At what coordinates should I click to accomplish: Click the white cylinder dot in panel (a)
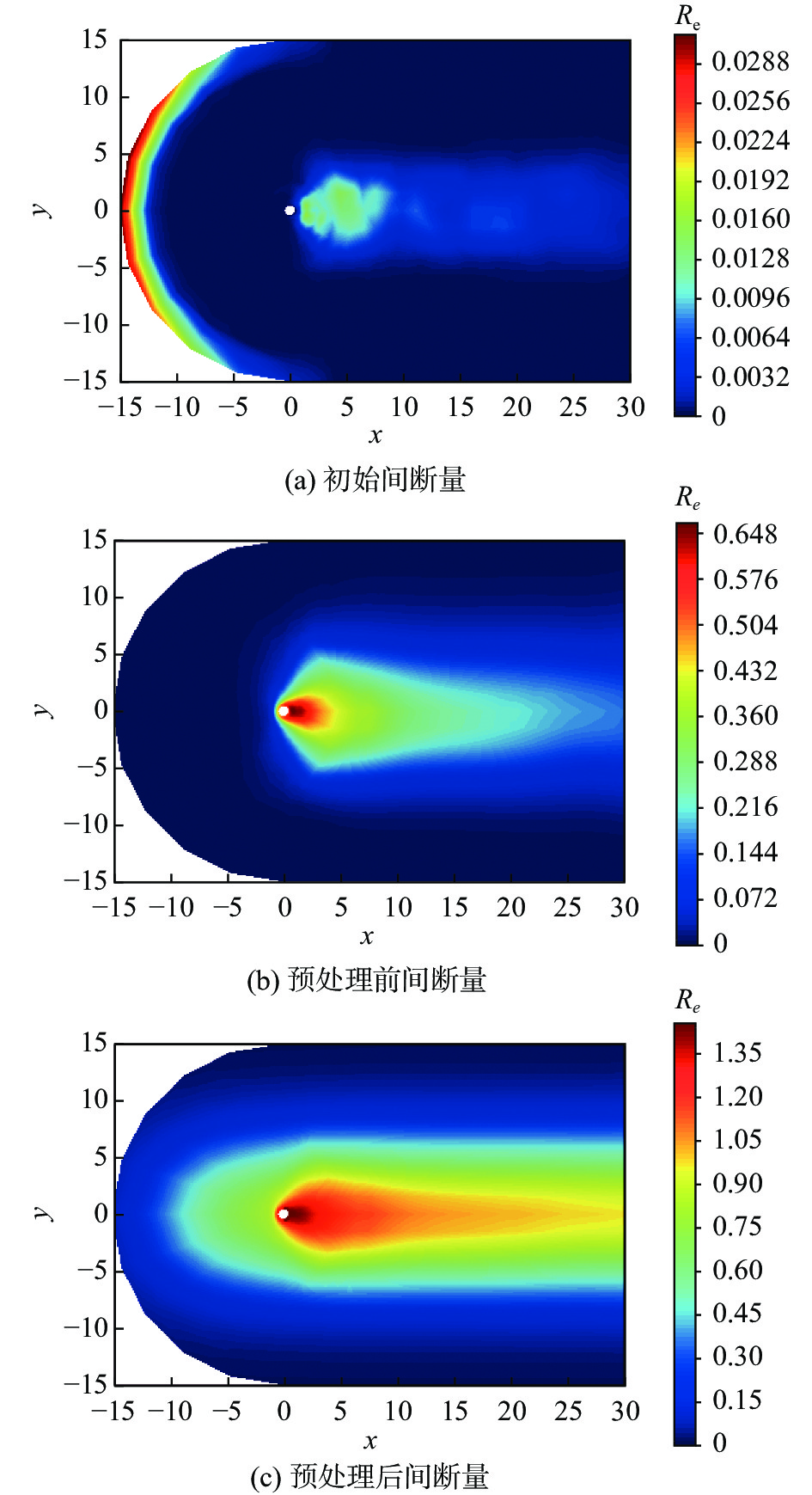click(x=290, y=210)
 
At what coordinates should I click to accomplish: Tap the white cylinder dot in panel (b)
click(x=283, y=711)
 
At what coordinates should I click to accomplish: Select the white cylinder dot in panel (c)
click(x=283, y=1214)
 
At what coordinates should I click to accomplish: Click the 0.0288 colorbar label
click(x=749, y=62)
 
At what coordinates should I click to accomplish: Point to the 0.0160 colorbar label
click(x=749, y=219)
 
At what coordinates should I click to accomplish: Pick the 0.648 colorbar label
click(x=744, y=535)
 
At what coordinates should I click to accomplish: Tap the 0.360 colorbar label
click(x=744, y=716)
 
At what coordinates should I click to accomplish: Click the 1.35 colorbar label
click(x=737, y=1053)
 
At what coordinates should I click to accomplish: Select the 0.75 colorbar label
click(x=737, y=1226)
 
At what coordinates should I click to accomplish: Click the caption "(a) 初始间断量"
click(x=375, y=480)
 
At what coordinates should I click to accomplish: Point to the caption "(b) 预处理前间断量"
click(x=367, y=980)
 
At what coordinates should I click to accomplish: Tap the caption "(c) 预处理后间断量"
click(x=369, y=1477)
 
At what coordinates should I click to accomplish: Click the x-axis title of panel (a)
click(x=375, y=436)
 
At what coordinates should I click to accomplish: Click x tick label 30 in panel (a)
click(x=630, y=407)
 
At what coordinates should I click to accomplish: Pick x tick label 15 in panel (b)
click(x=455, y=908)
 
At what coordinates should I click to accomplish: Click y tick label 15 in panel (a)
click(x=95, y=40)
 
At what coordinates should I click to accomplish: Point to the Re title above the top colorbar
click(x=687, y=16)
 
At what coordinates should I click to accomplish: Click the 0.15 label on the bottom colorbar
click(x=737, y=1400)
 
